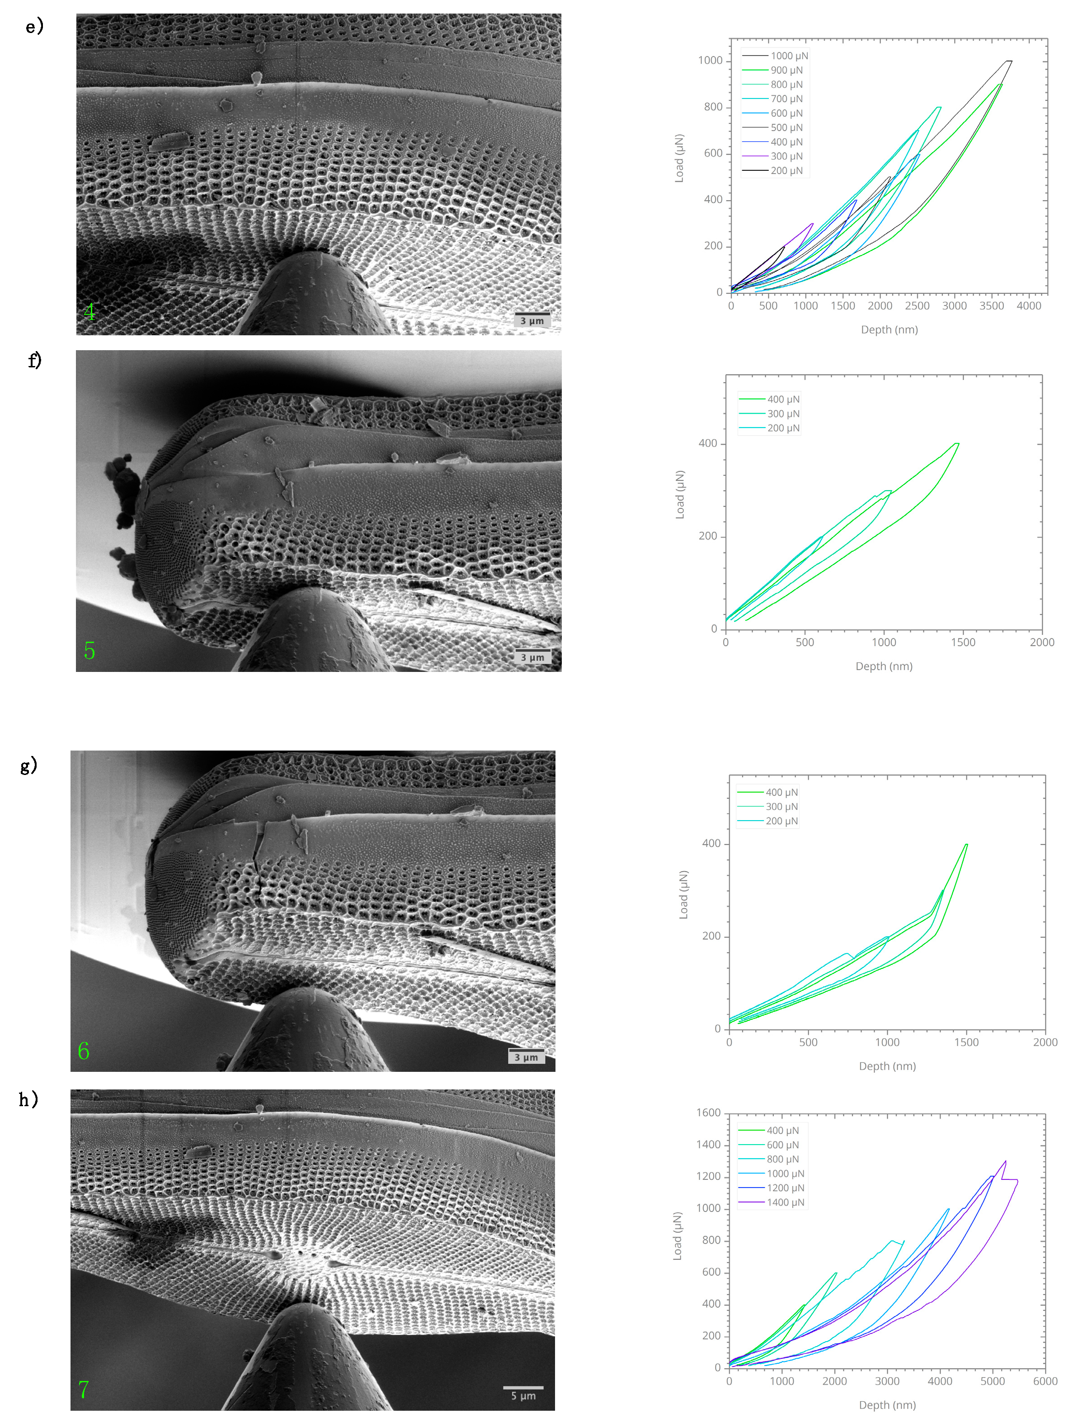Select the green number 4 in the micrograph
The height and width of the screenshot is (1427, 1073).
click(89, 312)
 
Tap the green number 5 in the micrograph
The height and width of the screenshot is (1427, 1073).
click(89, 650)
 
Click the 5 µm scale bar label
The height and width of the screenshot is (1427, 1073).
click(523, 1395)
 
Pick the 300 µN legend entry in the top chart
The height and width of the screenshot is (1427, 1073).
click(786, 156)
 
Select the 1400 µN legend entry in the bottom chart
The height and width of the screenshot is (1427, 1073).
click(785, 1202)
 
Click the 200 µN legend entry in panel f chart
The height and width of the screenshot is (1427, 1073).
click(783, 428)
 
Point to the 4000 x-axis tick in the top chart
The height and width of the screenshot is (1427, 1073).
click(1028, 306)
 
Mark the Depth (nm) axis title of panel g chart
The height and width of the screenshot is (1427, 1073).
click(887, 1066)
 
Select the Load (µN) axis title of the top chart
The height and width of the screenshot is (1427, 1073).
click(679, 159)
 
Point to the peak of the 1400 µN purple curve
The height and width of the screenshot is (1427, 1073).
click(1005, 1161)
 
